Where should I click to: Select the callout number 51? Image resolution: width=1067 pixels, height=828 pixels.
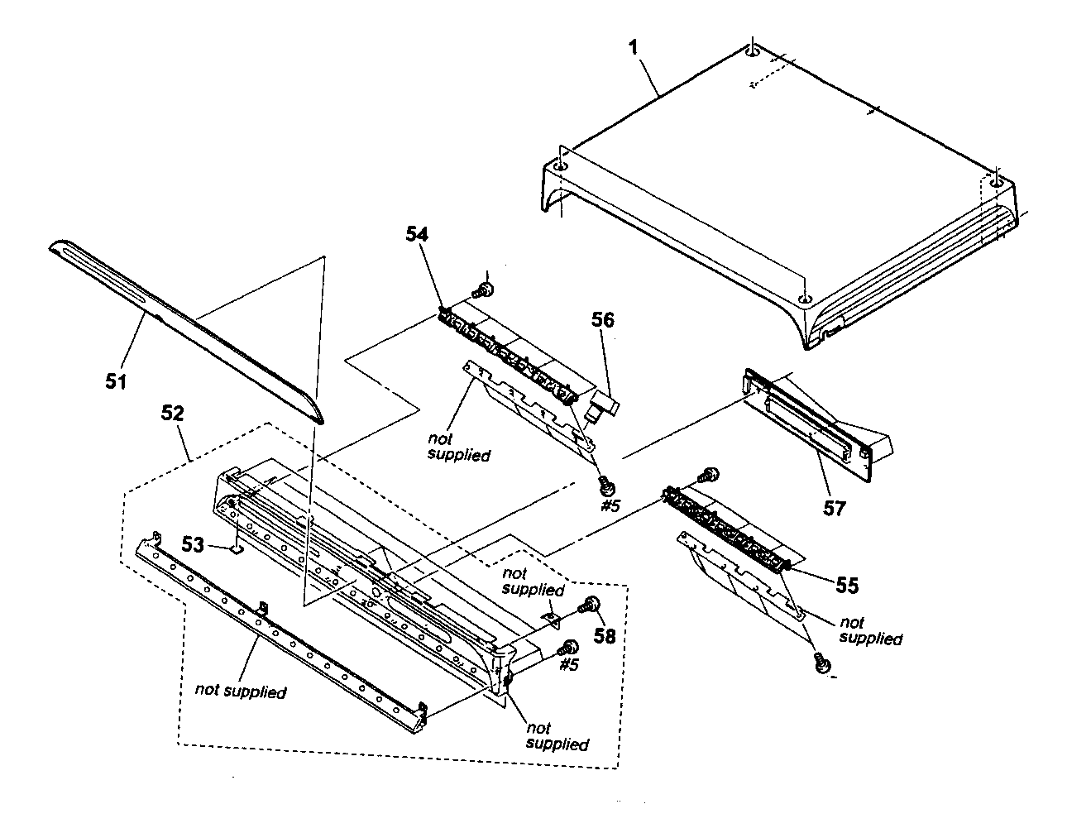tap(115, 381)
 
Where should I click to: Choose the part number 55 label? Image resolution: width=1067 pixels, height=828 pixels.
tap(845, 586)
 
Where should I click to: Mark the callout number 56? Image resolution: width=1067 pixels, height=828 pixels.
tap(602, 319)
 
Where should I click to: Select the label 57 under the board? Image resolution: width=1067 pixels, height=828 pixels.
tap(834, 507)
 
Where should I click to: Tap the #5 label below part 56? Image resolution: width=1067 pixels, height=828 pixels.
tap(610, 505)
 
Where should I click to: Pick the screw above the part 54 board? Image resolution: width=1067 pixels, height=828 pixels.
tap(482, 289)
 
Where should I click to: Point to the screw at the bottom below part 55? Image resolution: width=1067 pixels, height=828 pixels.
tap(821, 663)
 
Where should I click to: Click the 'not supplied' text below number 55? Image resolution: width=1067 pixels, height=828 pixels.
tap(870, 630)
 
